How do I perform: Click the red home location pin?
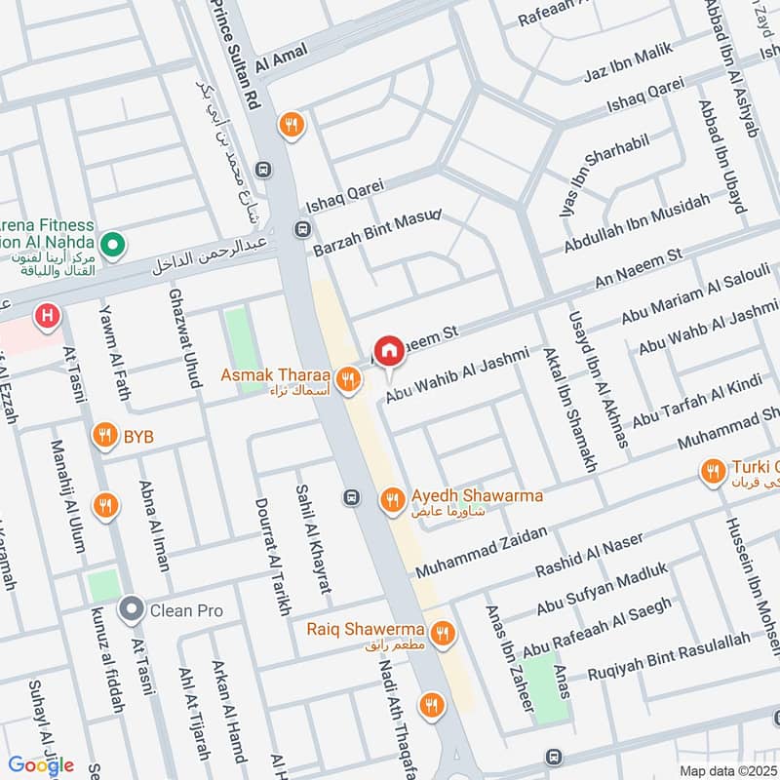coord(389,351)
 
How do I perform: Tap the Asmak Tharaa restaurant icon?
coord(346,378)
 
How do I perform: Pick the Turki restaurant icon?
coord(713,473)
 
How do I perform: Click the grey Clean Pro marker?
coord(131,611)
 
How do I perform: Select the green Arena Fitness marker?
coord(112,243)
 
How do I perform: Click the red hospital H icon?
coord(45,316)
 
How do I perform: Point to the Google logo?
coord(41,764)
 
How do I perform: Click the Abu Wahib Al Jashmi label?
coord(456,375)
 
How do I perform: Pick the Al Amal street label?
coord(281,57)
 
